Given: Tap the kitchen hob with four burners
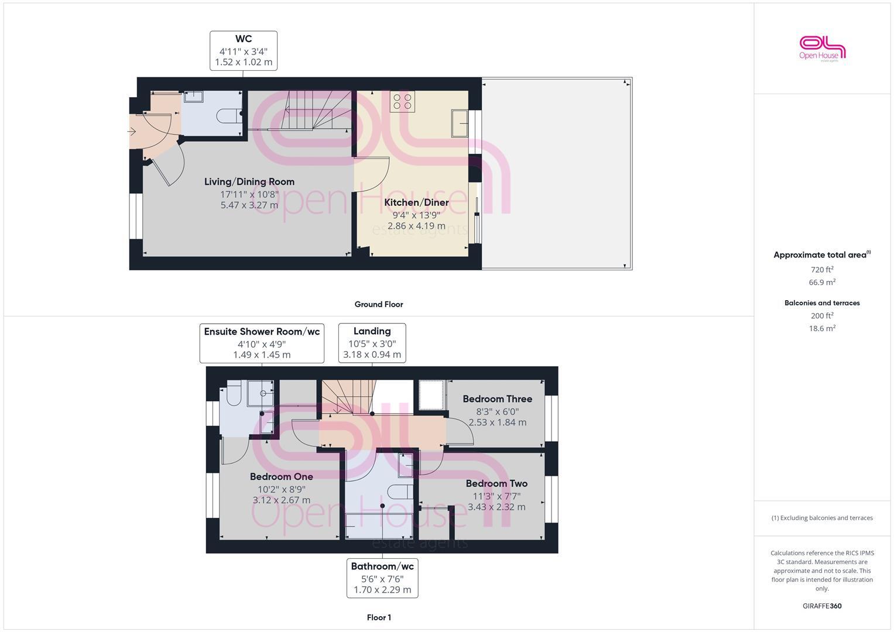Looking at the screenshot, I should coord(402,101).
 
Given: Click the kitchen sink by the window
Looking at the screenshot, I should coord(459,123).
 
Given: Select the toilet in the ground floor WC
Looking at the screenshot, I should coord(230,116).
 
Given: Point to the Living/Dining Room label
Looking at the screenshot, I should coord(249,181).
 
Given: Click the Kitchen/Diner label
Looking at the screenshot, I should coord(416,202).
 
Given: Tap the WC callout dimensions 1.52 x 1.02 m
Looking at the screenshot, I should coord(244,62).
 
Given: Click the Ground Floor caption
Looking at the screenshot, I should coord(378,304).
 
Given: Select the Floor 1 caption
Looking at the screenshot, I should coord(378,617).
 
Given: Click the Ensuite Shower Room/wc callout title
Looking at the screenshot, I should coord(262,332).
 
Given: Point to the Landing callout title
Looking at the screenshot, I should coord(372,331).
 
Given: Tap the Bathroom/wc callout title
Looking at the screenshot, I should coord(382,566).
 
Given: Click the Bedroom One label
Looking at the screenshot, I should coord(281,476).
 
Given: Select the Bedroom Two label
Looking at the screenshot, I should coord(496,483).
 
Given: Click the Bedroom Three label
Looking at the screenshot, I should coord(497,399).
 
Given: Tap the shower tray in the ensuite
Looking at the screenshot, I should coord(260,393).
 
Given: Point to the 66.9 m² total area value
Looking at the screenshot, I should coord(822,282).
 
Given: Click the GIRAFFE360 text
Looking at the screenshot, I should coord(822,606).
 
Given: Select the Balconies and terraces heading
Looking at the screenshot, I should coord(822,303).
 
